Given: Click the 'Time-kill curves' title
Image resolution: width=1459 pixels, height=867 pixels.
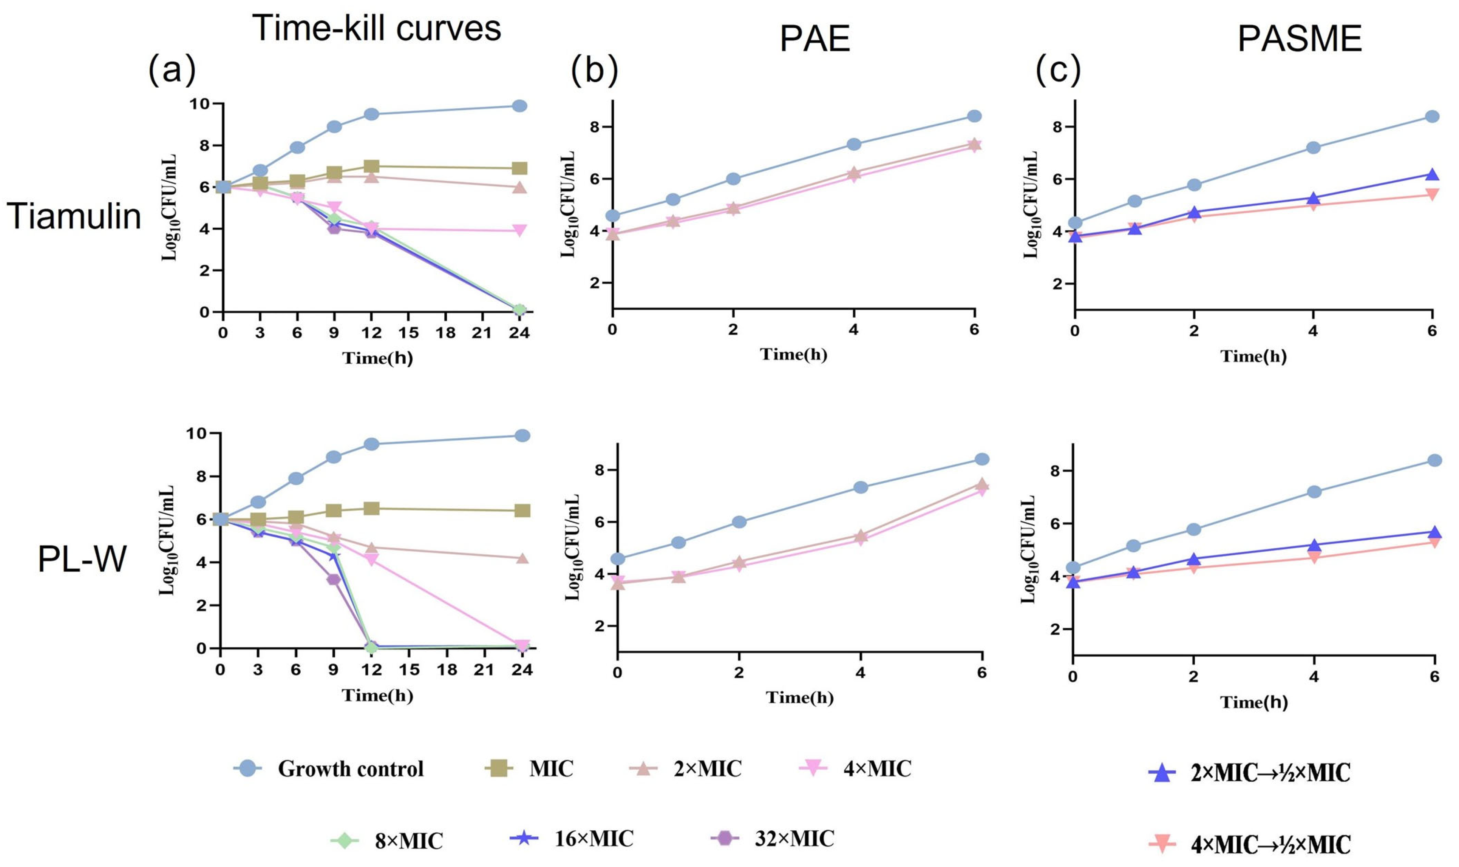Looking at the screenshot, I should [x=376, y=28].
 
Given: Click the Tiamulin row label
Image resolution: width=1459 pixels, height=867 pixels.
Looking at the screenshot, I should [x=74, y=216].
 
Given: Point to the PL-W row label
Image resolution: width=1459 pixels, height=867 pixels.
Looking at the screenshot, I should [x=82, y=559].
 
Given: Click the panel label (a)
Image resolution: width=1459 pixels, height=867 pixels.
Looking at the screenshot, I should [x=172, y=69].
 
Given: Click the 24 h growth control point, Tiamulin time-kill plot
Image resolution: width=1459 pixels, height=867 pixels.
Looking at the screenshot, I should [x=519, y=106].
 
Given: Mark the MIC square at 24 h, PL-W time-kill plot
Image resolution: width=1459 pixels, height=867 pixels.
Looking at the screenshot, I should [x=522, y=511].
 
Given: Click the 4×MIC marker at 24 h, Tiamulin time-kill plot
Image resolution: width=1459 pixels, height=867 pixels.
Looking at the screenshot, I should [x=519, y=230].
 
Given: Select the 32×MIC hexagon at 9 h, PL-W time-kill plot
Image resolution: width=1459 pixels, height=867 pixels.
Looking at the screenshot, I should [x=334, y=580].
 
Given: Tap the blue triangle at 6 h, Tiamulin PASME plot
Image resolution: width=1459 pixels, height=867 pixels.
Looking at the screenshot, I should [x=1431, y=175].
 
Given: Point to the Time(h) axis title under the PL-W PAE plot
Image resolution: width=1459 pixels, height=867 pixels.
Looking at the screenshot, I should [x=799, y=697].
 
